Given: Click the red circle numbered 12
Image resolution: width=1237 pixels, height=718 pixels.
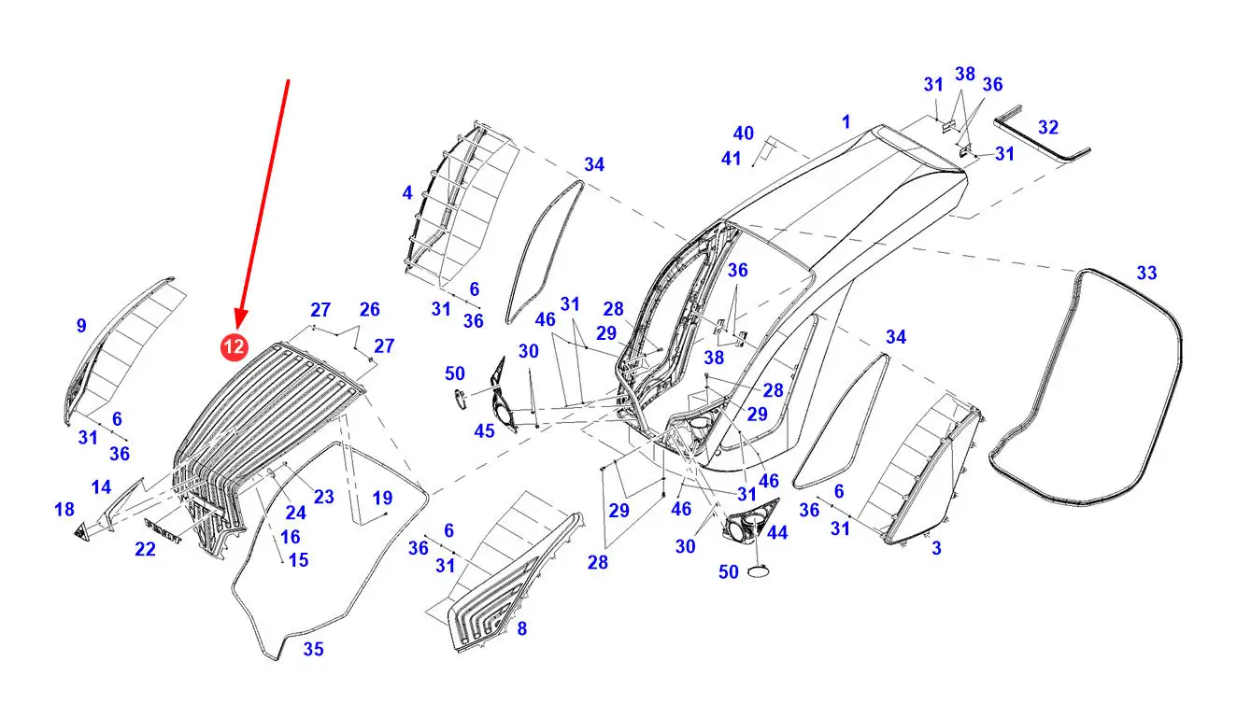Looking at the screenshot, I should coord(234,347).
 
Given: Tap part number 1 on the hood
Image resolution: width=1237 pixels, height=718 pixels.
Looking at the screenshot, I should coord(846,121).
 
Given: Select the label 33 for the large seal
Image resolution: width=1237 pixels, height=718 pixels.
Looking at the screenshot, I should coord(1146,273).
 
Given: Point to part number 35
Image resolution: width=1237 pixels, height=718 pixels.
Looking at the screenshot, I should coord(314,649).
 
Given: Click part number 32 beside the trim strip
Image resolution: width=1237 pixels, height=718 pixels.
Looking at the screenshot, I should coord(1048,127).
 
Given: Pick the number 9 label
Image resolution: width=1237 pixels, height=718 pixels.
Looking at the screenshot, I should coord(81,326).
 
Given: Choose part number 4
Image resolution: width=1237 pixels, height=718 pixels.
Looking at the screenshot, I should coord(407,193).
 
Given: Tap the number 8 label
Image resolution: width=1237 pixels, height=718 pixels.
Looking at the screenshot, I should coord(521,629).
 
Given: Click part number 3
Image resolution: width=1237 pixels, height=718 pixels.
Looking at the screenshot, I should coord(936,549).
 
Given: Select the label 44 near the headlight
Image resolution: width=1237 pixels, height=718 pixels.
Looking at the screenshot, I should coord(776,532).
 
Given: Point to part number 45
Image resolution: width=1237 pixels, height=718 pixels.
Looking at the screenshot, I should coord(484,430).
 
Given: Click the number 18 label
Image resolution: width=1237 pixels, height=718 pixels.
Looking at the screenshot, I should coord(64,509).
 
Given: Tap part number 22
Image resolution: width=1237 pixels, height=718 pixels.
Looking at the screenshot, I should coord(145,550).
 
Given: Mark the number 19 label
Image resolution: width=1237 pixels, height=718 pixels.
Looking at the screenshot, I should coord(382,498).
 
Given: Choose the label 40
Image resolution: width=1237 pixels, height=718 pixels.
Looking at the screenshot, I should coord(743,134).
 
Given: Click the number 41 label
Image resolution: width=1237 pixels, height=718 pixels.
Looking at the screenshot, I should coord(732,159).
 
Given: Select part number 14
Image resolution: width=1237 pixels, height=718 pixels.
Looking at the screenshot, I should coord(101,486).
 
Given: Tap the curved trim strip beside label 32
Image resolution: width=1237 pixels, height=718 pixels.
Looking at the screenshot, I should coord(1042,131).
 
